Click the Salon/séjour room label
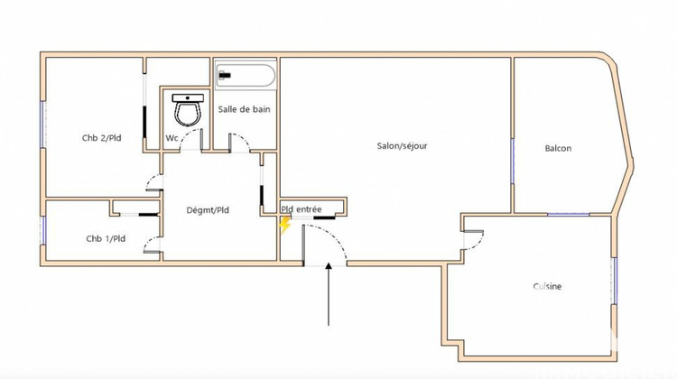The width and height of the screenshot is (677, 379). click(x=402, y=145)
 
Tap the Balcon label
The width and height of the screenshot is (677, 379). click(x=557, y=149)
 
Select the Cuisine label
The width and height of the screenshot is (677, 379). click(x=547, y=287)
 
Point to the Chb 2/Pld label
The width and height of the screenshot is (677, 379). click(x=99, y=138)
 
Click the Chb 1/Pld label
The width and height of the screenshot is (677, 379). click(x=105, y=239)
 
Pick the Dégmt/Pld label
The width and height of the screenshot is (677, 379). click(x=208, y=210)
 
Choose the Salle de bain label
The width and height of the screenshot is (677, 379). click(x=245, y=109)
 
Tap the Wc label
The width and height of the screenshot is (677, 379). click(x=172, y=138)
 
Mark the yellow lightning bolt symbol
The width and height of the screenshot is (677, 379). click(x=284, y=225)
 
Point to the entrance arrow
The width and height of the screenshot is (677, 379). click(x=329, y=293)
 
